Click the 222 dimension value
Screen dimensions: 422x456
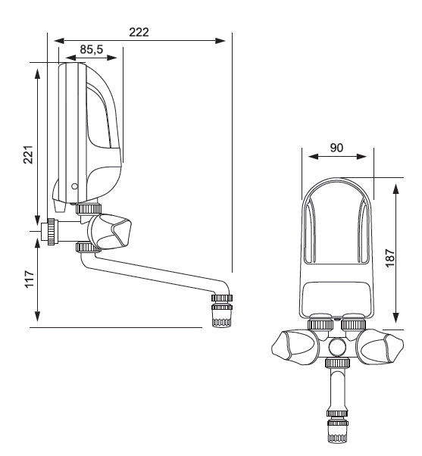tap(139, 32)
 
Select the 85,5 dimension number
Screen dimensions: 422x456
tap(92, 49)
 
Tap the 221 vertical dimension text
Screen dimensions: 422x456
tap(28, 155)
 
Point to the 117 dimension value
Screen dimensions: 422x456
tap(30, 279)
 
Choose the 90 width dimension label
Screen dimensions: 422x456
tap(336, 148)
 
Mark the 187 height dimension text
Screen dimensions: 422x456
tap(389, 258)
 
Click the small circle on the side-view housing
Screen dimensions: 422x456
tap(74, 186)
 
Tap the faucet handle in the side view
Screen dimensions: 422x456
tap(110, 232)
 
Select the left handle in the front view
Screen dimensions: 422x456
tap(295, 346)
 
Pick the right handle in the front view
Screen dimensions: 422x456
tap(380, 348)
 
